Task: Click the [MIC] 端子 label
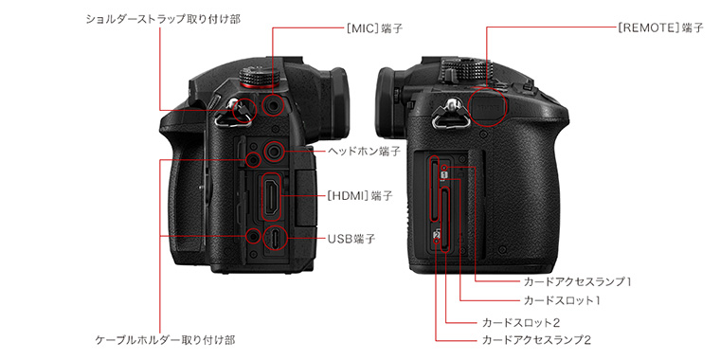(x=374, y=28)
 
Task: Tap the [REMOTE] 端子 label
(x=660, y=27)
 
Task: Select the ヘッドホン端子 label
(x=363, y=151)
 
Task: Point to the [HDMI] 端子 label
(x=360, y=196)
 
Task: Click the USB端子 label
(x=351, y=239)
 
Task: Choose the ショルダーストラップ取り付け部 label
(x=163, y=19)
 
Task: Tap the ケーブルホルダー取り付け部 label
(x=165, y=340)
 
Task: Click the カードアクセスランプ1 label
(x=577, y=281)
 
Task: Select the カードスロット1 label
(x=562, y=300)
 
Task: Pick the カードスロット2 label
(x=520, y=322)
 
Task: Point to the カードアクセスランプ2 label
(x=535, y=340)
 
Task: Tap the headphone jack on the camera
(x=274, y=150)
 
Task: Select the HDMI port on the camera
(x=271, y=197)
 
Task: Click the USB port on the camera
(x=275, y=238)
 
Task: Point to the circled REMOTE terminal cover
(x=488, y=106)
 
